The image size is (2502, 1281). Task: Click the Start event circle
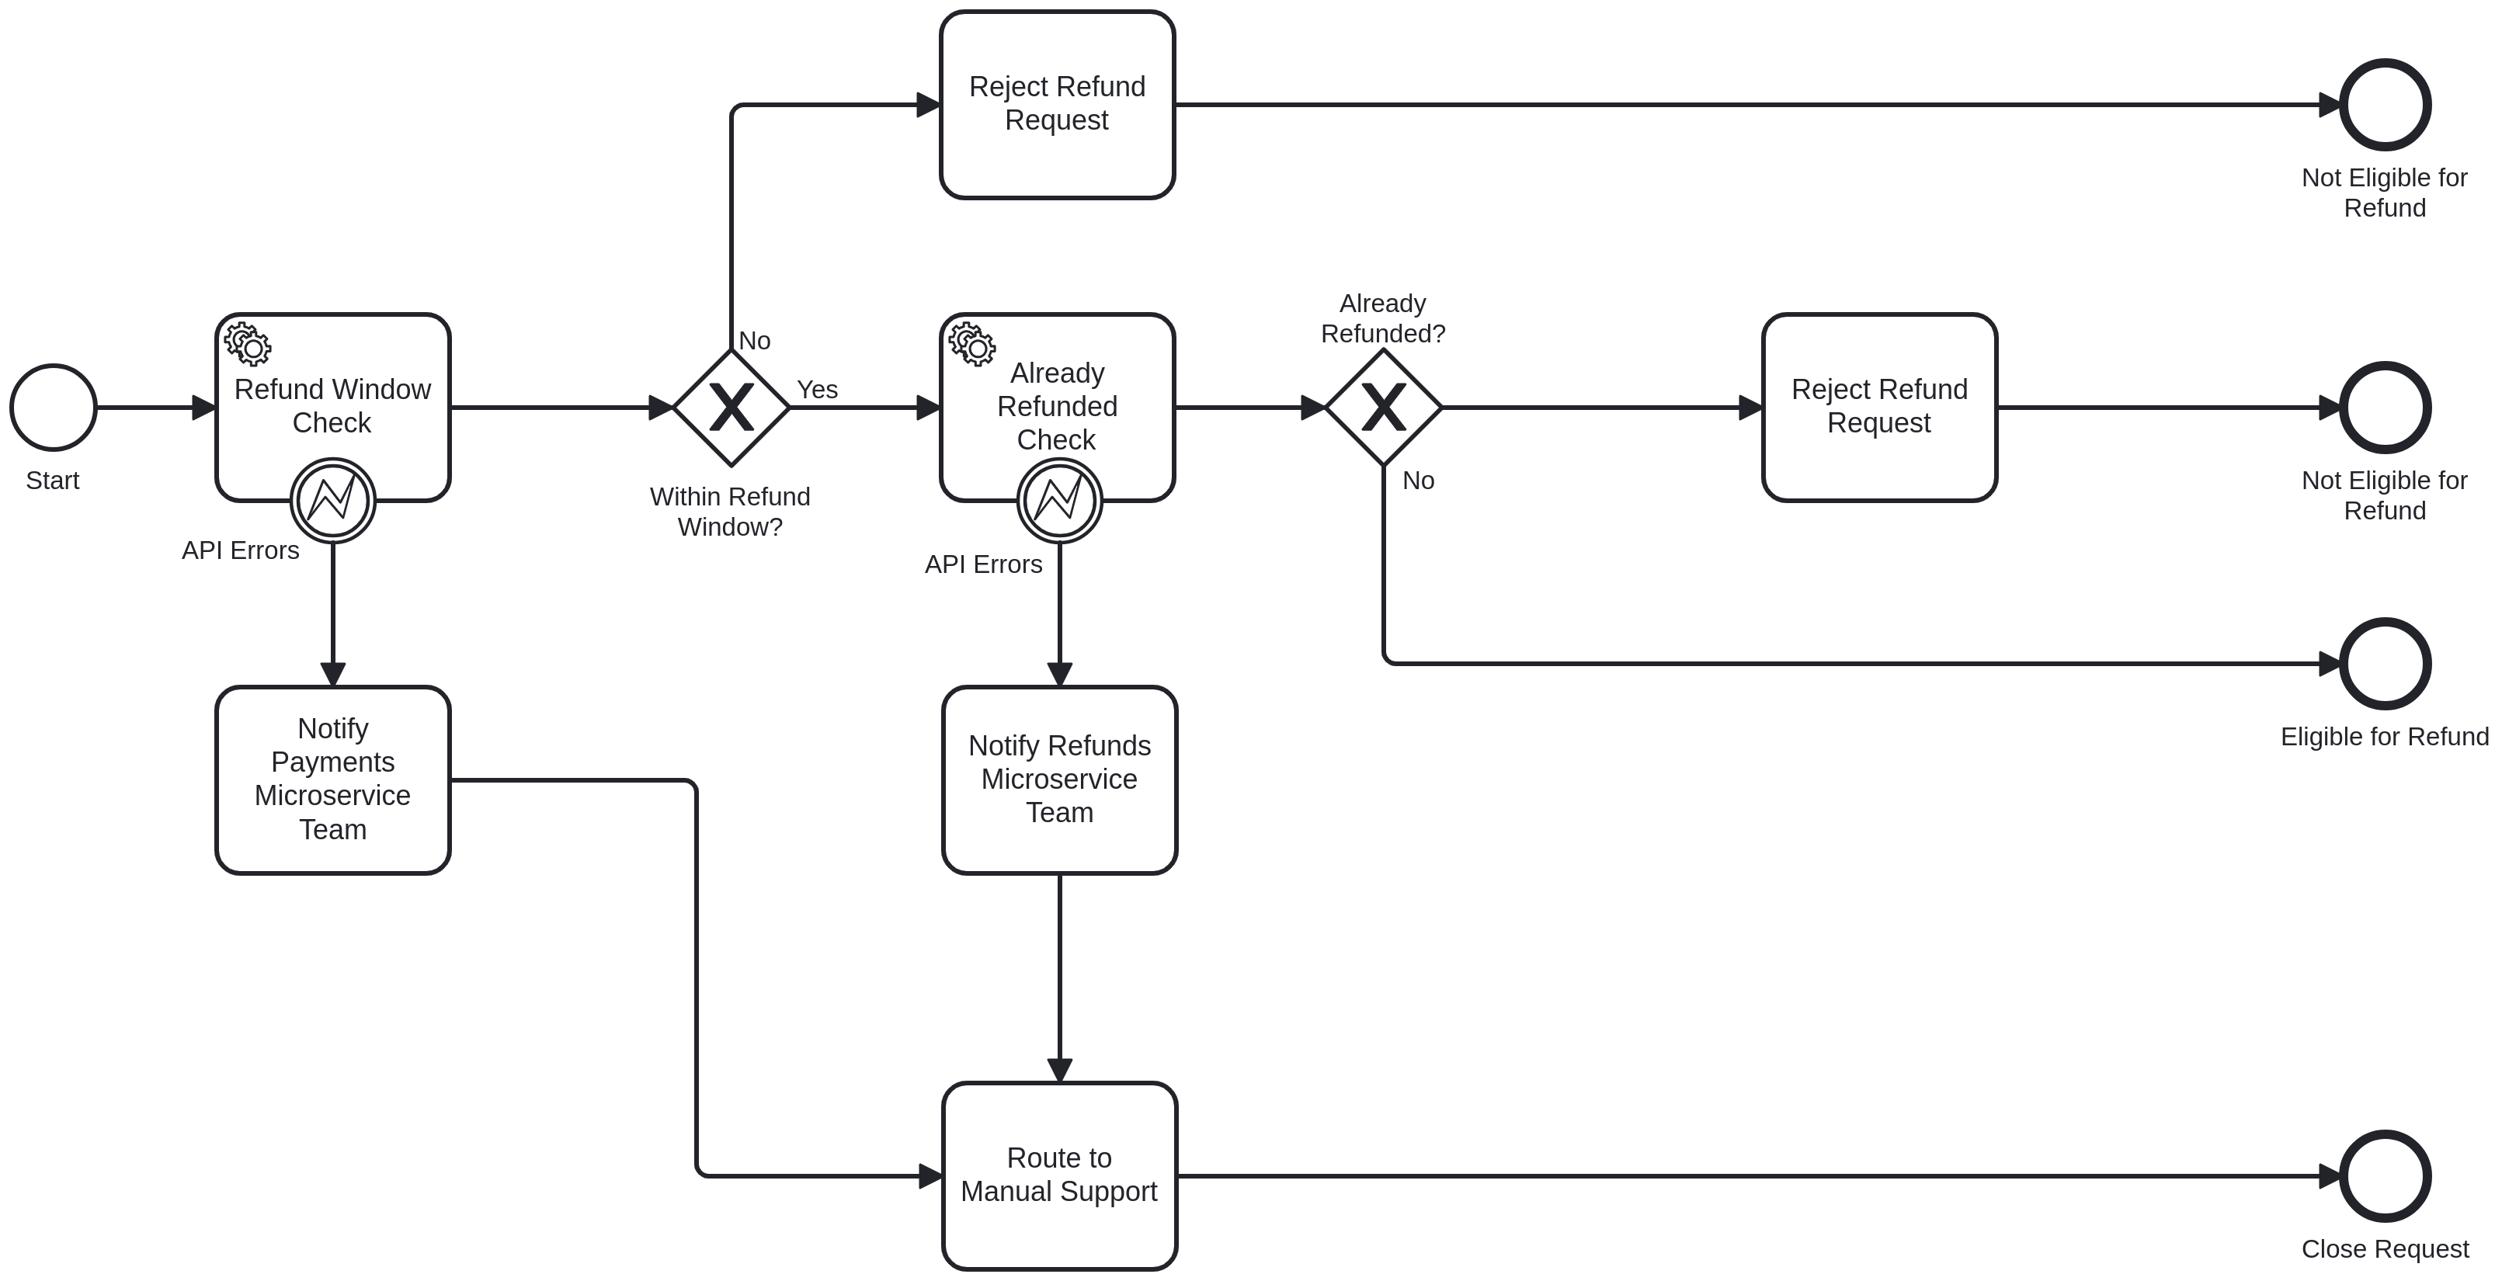click(x=54, y=408)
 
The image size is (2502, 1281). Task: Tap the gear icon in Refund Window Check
click(x=248, y=344)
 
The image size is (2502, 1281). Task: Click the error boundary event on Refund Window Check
click(x=332, y=500)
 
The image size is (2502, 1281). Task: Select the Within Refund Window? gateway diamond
click(x=731, y=408)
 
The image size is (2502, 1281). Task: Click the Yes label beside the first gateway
click(x=817, y=390)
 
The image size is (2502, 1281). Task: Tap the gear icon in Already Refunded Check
click(x=972, y=344)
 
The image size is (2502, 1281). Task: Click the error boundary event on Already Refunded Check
click(x=1058, y=500)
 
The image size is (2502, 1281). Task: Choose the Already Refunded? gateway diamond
click(x=1383, y=408)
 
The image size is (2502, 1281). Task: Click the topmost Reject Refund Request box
click(x=1057, y=104)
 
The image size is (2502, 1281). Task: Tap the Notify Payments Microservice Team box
click(x=332, y=779)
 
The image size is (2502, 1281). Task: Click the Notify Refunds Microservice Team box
click(x=1058, y=779)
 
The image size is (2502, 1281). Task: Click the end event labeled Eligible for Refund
click(x=2385, y=663)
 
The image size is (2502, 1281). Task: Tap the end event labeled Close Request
click(x=2385, y=1175)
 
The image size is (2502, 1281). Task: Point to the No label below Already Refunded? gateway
click(x=1418, y=480)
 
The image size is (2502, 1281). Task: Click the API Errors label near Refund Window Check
click(x=240, y=550)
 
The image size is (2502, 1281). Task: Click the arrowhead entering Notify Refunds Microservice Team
click(x=1058, y=674)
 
